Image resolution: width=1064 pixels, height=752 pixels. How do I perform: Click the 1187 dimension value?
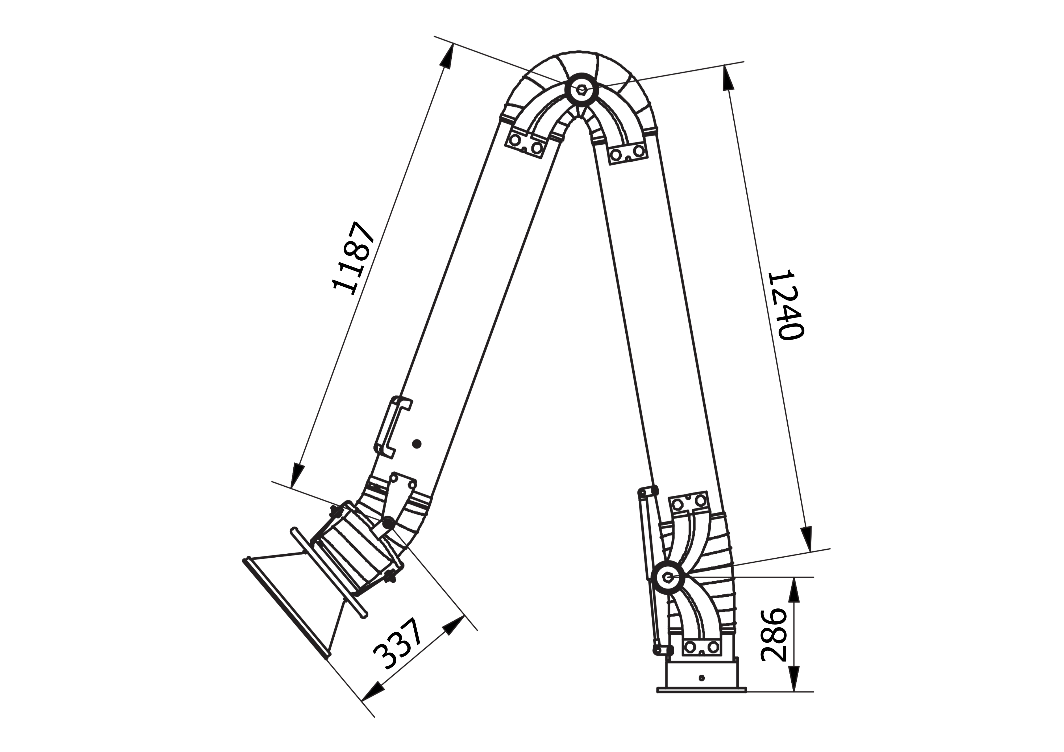pos(354,258)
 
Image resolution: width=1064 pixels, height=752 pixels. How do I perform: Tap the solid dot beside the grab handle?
pos(417,444)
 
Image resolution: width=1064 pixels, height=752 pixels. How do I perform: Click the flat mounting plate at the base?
pos(702,703)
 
